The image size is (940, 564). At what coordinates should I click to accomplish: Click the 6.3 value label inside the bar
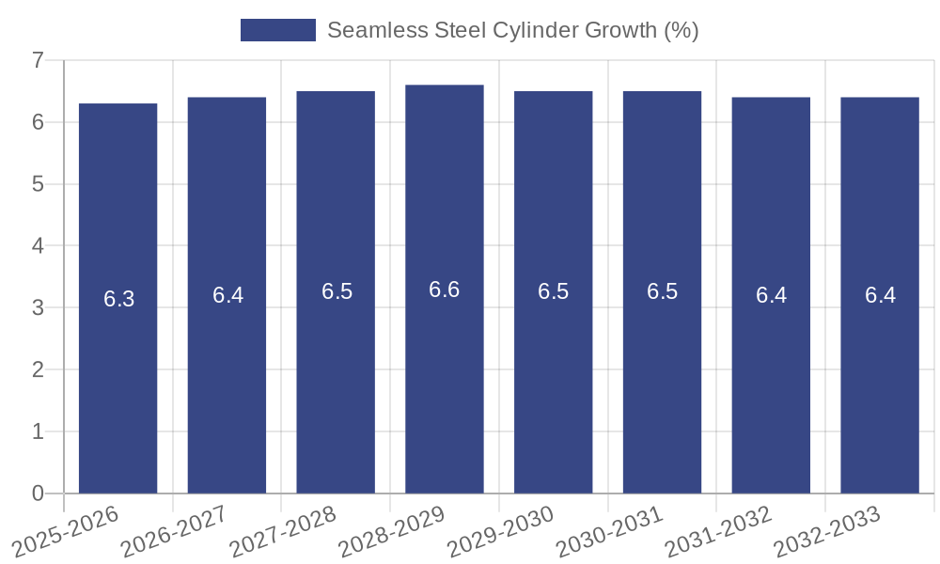point(119,299)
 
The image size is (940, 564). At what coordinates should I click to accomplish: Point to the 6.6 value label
point(445,290)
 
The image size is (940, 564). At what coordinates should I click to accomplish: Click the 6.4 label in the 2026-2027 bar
point(227,295)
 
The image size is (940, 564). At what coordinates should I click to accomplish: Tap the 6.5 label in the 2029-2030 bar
point(554,291)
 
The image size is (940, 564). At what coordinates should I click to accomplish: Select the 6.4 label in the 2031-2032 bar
point(771,295)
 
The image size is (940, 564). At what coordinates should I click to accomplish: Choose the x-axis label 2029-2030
point(501,535)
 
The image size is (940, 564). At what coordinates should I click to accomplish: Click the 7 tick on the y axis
point(38,60)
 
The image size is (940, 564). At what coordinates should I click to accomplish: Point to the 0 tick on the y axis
point(38,493)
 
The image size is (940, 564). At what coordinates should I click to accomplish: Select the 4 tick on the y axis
point(38,245)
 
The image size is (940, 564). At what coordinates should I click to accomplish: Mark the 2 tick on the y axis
point(38,369)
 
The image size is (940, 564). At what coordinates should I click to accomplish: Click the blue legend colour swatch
point(278,30)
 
